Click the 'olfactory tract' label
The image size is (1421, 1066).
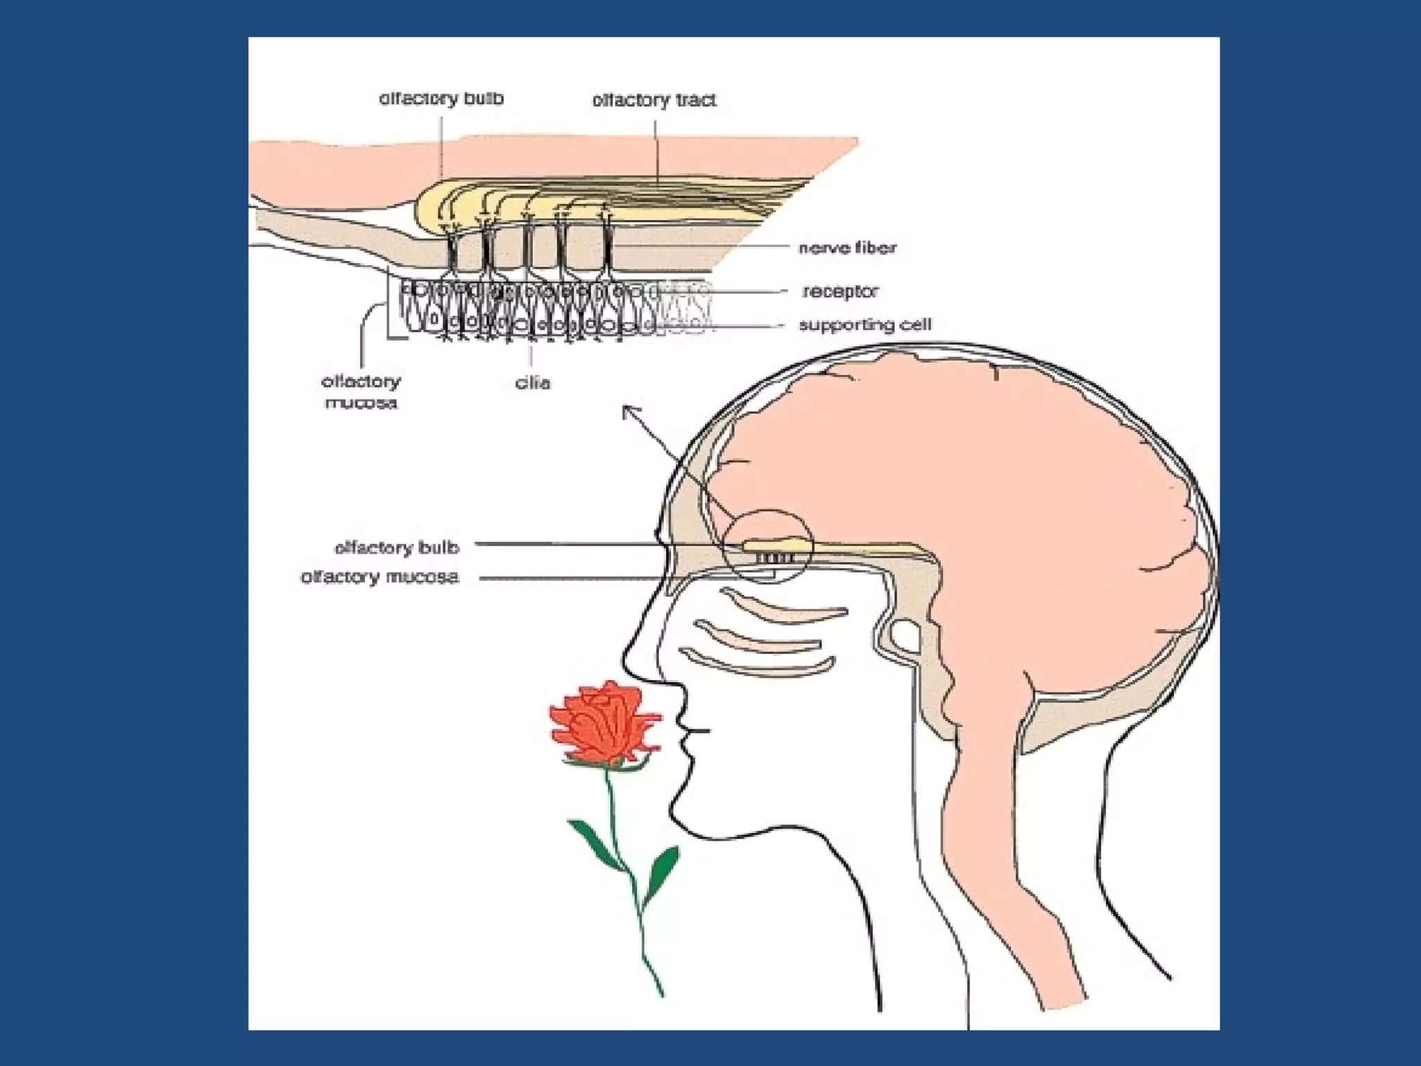click(x=654, y=101)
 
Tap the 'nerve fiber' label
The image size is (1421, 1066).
click(x=847, y=248)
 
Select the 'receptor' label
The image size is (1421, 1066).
click(x=840, y=291)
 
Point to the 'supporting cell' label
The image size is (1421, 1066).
click(x=865, y=325)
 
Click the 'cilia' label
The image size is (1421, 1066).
click(x=532, y=382)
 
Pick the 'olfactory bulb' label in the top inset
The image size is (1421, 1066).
click(x=441, y=99)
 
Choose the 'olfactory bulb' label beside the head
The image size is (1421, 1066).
click(x=397, y=548)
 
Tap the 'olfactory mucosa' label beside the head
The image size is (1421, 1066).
click(x=380, y=577)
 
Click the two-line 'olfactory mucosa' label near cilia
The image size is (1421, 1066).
click(x=361, y=391)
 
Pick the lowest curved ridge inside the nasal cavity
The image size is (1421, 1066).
click(x=756, y=665)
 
